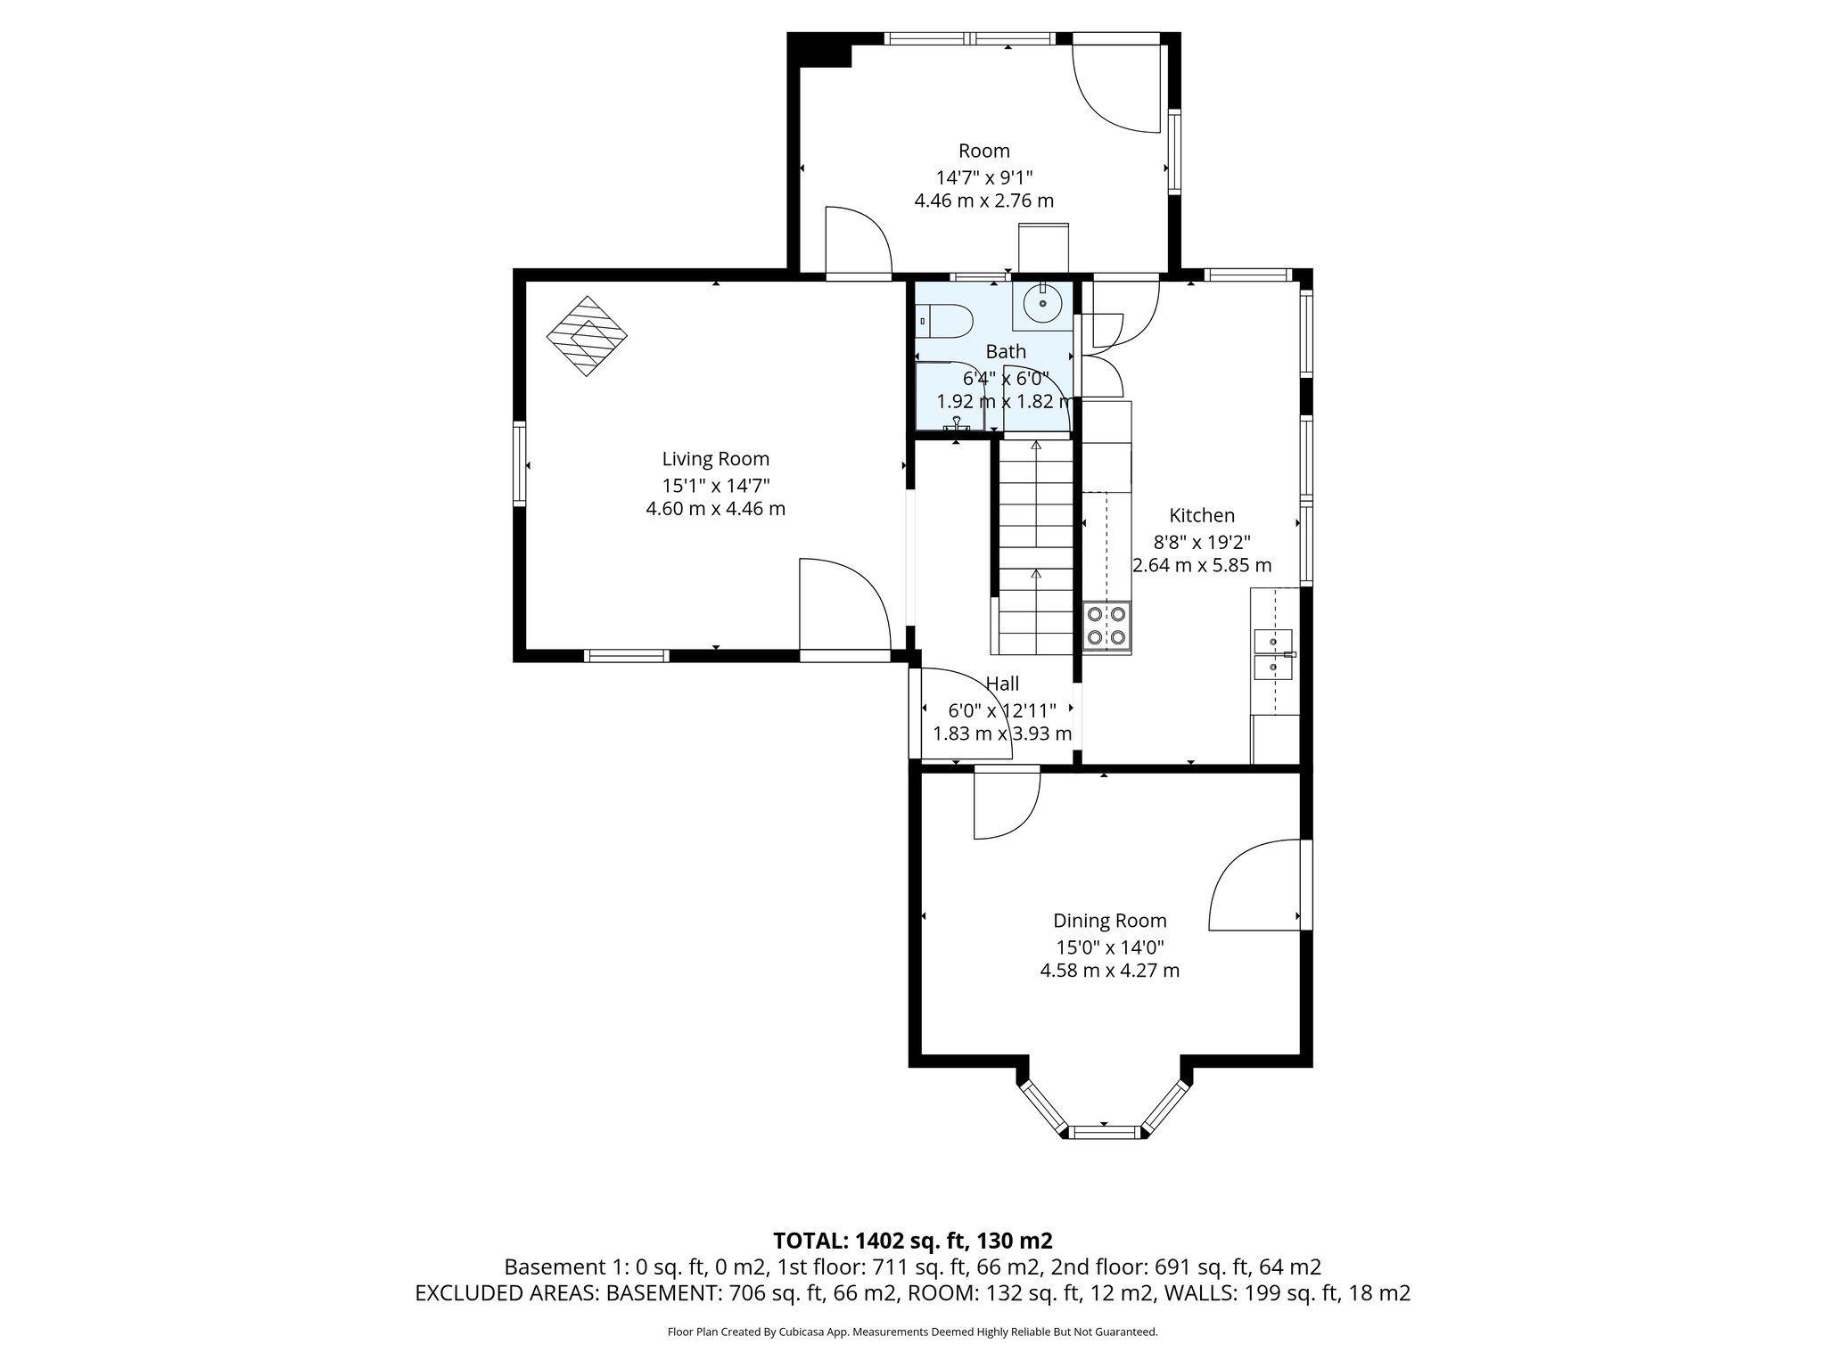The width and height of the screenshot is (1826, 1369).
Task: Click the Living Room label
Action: [x=715, y=459]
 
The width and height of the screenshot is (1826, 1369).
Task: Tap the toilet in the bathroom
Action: [x=945, y=321]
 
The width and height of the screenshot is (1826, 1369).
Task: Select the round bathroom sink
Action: [x=1041, y=305]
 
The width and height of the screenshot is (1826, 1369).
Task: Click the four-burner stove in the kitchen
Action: [x=1106, y=625]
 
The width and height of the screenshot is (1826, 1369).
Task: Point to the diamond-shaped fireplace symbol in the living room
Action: [x=587, y=336]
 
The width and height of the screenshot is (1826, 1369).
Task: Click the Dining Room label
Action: [x=1109, y=921]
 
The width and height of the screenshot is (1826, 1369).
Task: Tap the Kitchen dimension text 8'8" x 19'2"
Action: [x=1202, y=541]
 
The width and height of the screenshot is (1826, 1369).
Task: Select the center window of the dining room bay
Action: [x=1105, y=1133]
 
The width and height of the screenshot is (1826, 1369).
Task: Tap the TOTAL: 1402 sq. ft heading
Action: [x=912, y=1241]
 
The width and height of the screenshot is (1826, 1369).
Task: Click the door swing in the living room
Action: [x=843, y=606]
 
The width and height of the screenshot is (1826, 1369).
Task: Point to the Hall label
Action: [x=1002, y=684]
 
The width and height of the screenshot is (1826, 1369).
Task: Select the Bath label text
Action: [x=1006, y=352]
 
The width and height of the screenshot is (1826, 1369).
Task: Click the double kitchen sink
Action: [x=1274, y=653]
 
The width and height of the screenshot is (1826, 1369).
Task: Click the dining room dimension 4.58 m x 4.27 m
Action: [x=1109, y=971]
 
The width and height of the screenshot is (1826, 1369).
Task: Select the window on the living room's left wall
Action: [x=519, y=464]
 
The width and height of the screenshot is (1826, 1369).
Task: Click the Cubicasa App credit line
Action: [x=912, y=1332]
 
